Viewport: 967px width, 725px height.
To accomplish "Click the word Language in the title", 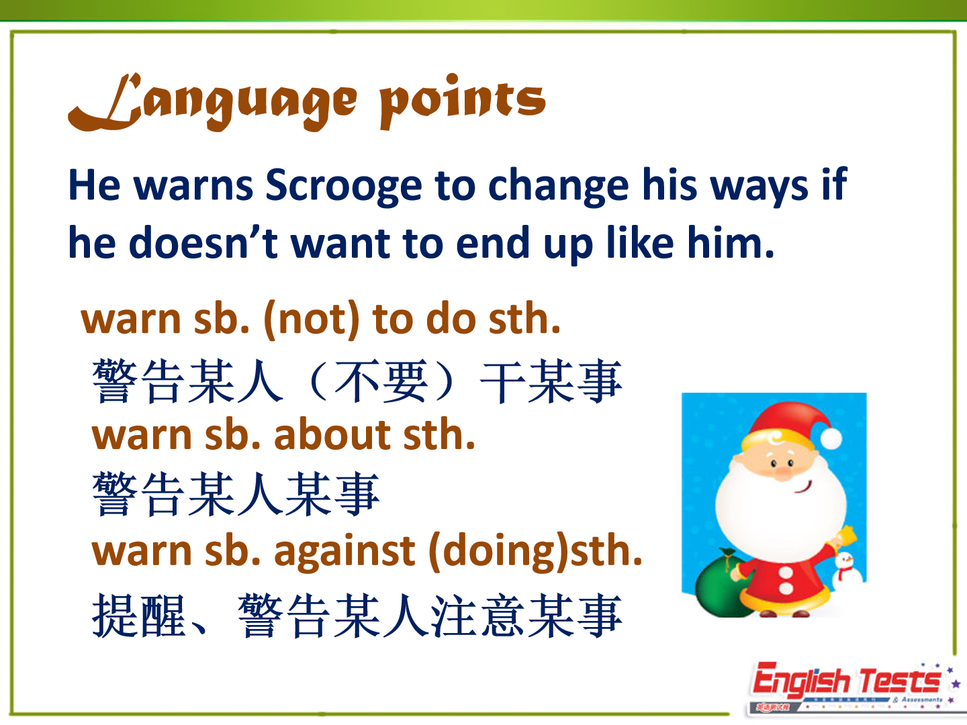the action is (x=212, y=102).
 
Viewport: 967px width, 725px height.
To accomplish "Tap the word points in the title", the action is (x=463, y=101).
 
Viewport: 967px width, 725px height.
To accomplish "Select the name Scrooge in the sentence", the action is (x=344, y=187).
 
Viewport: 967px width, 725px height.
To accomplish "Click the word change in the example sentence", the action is (x=558, y=187).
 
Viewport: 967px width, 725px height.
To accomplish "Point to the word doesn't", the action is (x=203, y=242).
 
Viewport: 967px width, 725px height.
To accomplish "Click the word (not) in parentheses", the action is (x=311, y=319).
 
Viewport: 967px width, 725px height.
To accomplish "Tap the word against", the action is (x=344, y=552).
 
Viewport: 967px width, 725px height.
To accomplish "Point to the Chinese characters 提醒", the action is (x=138, y=616).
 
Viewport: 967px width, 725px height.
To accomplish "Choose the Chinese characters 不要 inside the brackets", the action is (x=381, y=381).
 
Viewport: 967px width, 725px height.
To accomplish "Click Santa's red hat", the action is (x=788, y=424).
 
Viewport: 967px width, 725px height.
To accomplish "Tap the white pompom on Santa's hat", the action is (x=831, y=438).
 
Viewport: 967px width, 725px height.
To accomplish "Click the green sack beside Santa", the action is (x=721, y=582).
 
